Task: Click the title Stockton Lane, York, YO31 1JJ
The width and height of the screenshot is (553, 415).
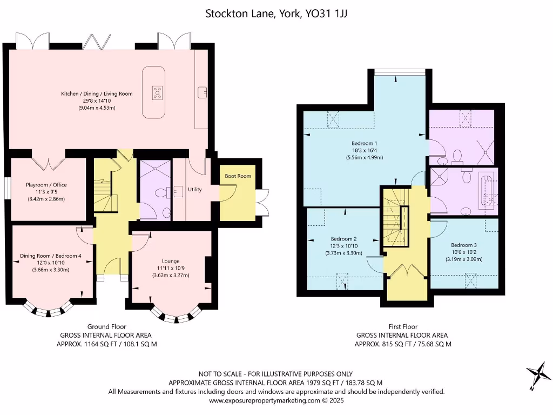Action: click(x=276, y=14)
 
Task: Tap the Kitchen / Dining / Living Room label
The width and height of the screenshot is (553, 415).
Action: click(x=97, y=93)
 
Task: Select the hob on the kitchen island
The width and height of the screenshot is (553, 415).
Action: click(x=157, y=93)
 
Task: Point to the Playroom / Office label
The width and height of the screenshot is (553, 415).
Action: click(x=46, y=185)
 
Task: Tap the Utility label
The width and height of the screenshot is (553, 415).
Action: click(x=195, y=190)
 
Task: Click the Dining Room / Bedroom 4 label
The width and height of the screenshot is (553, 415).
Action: click(x=51, y=256)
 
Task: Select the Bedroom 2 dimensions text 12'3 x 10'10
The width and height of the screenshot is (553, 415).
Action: click(x=343, y=246)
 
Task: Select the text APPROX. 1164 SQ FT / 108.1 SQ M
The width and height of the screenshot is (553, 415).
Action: click(x=107, y=344)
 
